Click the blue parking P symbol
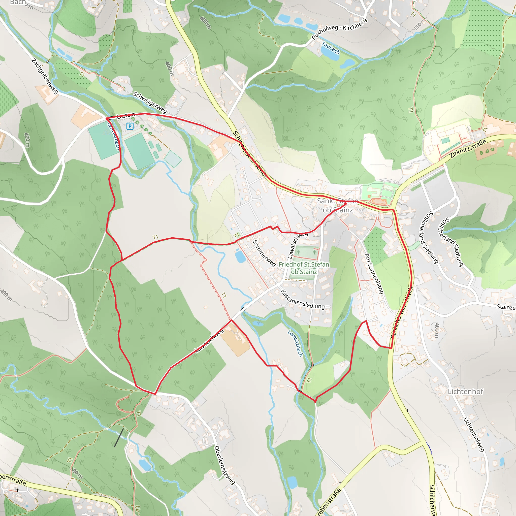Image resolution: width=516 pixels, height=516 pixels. click(x=130, y=126)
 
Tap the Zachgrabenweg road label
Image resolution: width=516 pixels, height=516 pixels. click(x=45, y=76)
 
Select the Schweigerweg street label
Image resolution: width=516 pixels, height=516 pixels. click(x=150, y=103)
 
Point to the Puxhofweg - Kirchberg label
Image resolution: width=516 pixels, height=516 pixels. click(x=339, y=29)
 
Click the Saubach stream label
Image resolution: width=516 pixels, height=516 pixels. click(x=331, y=48)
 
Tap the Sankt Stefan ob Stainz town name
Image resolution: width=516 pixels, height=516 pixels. click(x=338, y=205)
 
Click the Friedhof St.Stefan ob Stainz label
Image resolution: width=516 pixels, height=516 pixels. click(x=304, y=268)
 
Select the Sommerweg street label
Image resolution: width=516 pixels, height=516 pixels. click(x=264, y=253)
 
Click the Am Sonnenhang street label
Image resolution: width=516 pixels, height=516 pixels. click(x=374, y=274)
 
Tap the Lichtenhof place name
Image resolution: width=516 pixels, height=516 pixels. click(x=466, y=392)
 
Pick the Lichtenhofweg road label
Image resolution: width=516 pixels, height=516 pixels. click(x=474, y=435)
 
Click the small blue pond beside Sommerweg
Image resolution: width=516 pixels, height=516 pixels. click(x=240, y=257)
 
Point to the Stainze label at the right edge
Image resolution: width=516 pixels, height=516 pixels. click(x=506, y=307)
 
